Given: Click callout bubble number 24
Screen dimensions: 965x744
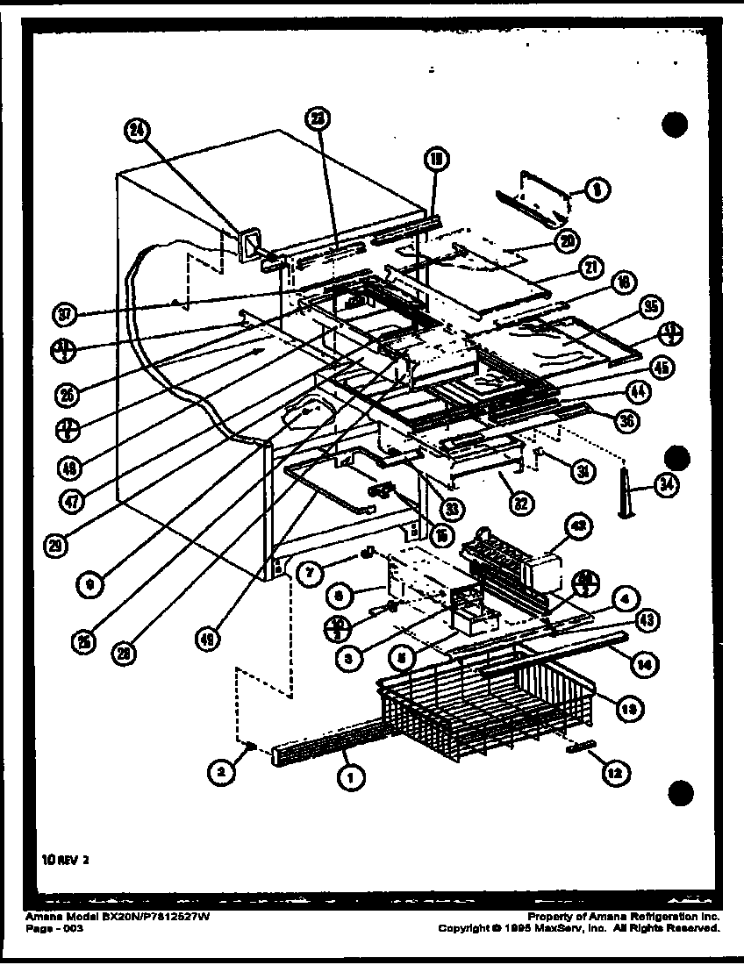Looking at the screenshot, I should pyautogui.click(x=137, y=131).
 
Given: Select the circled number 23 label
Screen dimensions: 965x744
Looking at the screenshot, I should pyautogui.click(x=318, y=119).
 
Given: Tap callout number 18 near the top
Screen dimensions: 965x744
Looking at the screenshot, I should pyautogui.click(x=436, y=159).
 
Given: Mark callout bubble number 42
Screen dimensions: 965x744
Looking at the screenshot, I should pyautogui.click(x=580, y=527).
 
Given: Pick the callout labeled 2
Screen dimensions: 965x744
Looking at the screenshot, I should pyautogui.click(x=222, y=771).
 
